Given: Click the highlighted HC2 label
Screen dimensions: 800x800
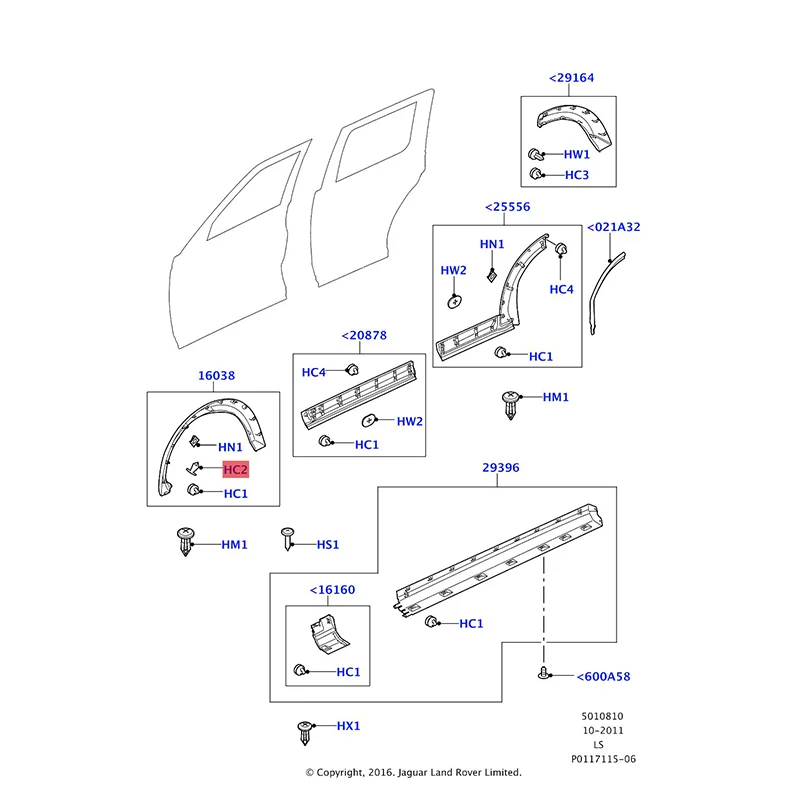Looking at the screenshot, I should (235, 469).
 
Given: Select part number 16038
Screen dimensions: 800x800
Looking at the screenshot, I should (217, 376).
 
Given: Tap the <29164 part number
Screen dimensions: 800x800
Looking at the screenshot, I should (570, 78).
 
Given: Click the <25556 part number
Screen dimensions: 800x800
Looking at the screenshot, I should (507, 207).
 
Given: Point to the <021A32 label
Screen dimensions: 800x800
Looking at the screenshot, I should (613, 227).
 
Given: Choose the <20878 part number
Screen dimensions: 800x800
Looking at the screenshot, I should (364, 336).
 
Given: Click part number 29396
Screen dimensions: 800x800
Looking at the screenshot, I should (501, 467).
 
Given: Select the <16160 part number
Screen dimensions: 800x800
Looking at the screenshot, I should (332, 589).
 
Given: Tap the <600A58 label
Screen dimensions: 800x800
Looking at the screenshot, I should (603, 677).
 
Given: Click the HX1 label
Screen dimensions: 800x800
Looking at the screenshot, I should (347, 726).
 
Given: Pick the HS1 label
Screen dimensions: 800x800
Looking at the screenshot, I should (328, 544).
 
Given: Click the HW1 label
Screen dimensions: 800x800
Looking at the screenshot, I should (577, 155).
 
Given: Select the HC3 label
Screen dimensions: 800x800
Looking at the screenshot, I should (577, 175).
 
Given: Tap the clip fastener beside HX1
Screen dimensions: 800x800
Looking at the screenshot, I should (304, 731).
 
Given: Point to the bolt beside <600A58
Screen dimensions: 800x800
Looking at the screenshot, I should (545, 675).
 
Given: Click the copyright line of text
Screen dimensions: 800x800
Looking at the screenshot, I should (413, 772).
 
